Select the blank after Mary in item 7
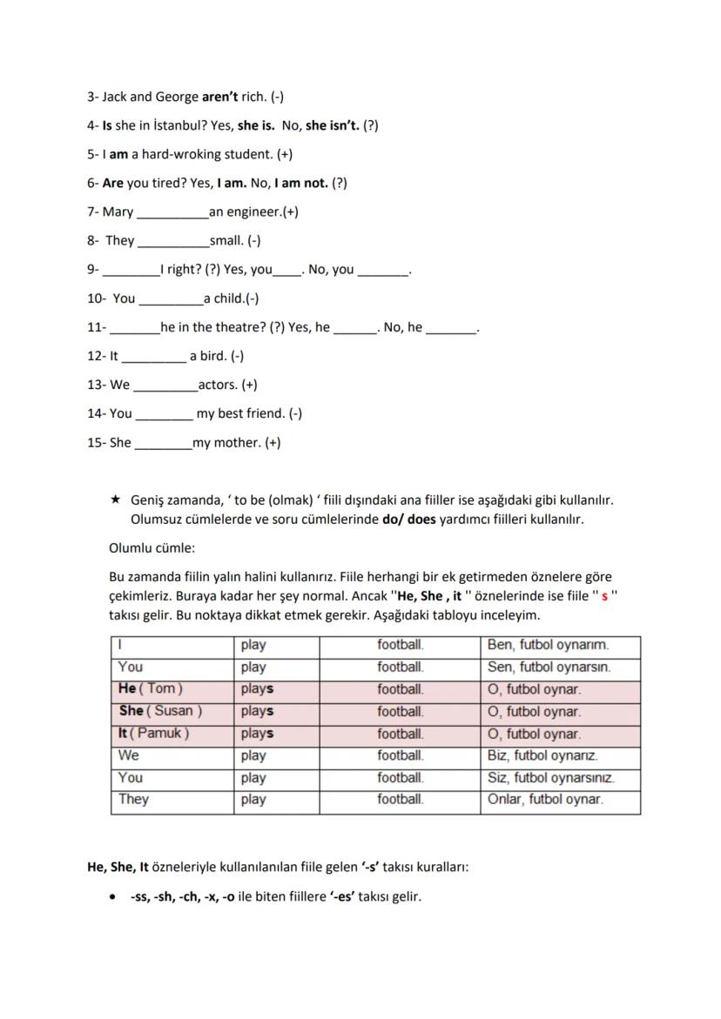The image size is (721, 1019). point(172,213)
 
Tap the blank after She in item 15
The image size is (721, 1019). point(163,444)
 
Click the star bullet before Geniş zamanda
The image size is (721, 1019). point(115,501)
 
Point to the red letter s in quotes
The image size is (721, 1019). point(604,597)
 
